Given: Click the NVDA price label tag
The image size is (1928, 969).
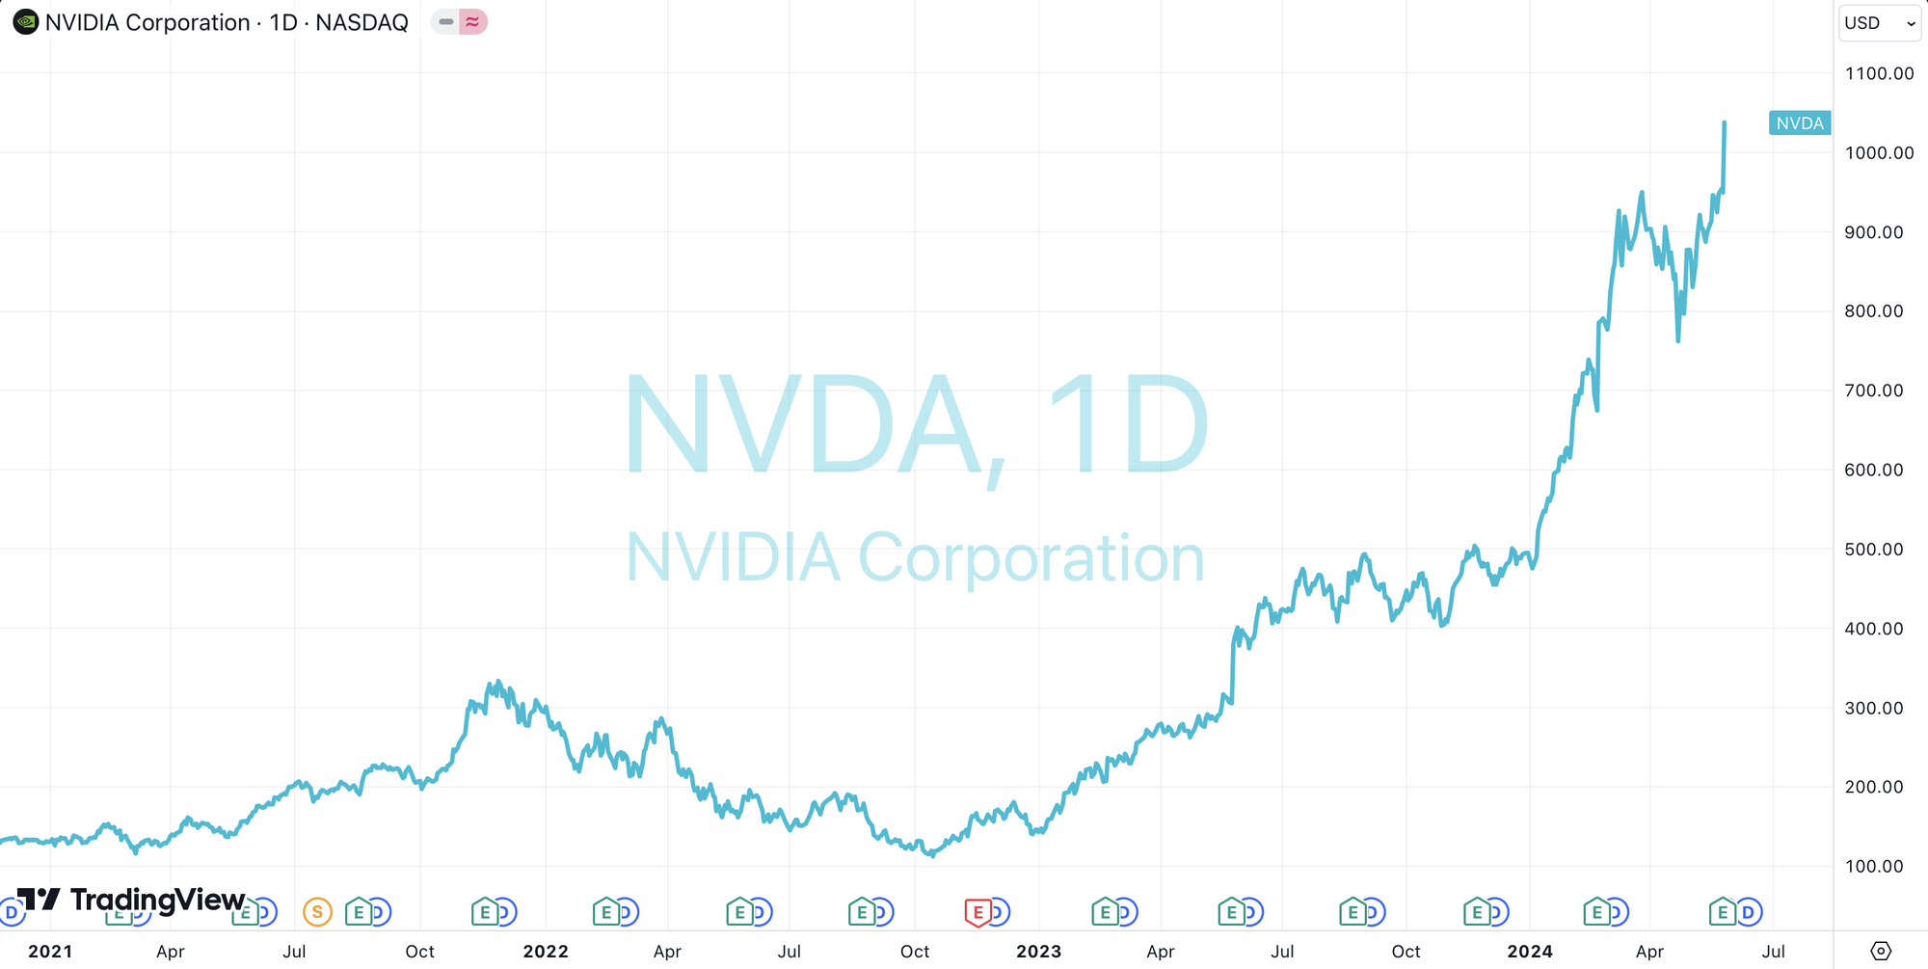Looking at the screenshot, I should point(1799,123).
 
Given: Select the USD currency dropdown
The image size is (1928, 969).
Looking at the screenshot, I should point(1879,23).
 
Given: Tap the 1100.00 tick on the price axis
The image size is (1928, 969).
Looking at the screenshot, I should point(1879,73).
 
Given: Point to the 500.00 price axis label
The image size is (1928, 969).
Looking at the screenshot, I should point(1873,550).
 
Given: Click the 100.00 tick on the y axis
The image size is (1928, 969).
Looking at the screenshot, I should point(1873,866).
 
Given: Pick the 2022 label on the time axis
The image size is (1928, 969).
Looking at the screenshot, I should point(546,952).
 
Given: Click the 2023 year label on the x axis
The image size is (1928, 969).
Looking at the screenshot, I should point(1038,952).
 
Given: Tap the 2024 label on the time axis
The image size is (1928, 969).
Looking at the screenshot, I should point(1530,952).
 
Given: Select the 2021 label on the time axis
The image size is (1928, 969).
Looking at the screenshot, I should point(50,952).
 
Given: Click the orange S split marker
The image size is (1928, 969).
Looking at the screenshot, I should point(317,911).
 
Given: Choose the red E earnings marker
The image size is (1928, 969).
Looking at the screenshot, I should point(977,911).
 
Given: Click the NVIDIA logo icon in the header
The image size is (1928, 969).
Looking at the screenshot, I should point(26,22).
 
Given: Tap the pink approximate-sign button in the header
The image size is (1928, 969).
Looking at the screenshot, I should point(472,22).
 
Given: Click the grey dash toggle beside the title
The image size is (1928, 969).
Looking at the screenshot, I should point(445,22).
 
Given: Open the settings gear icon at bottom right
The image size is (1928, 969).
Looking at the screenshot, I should point(1880,951).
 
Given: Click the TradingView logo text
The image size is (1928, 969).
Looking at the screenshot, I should point(157,900).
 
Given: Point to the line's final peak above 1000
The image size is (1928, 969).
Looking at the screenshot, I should point(1724,122).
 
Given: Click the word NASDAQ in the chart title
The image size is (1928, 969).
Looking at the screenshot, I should point(361,22).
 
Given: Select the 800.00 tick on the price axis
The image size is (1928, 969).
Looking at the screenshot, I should point(1873,311).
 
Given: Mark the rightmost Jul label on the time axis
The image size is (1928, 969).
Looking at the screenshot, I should point(1773,952).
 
